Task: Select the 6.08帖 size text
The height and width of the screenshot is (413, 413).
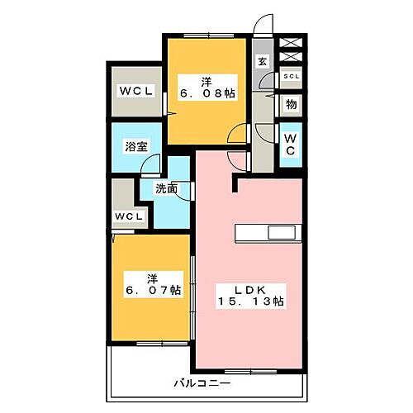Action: (207, 94)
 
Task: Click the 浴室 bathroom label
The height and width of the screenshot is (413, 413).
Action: (136, 146)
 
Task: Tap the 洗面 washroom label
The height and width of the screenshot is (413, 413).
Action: (167, 188)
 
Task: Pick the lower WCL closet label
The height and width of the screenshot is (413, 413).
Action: (129, 216)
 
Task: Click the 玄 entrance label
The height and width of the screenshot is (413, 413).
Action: (262, 61)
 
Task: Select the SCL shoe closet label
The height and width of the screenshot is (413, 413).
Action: (292, 77)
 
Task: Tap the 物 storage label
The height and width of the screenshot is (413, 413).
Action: (292, 104)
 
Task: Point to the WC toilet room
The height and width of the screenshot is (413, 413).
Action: (292, 145)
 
